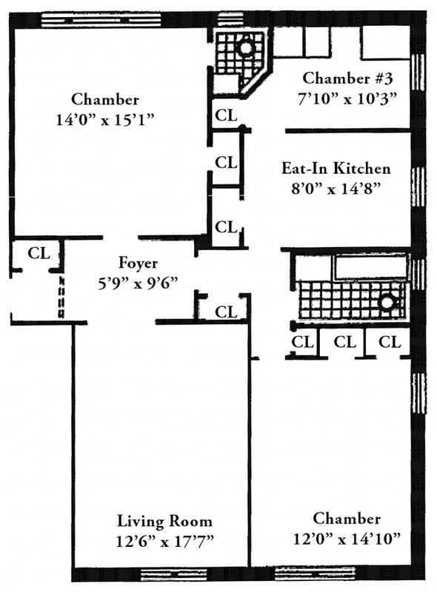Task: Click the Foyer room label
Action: coord(138,263)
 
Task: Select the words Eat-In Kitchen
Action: coord(336,168)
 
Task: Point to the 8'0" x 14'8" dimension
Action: coord(336,187)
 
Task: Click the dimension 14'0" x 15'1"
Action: coord(104,119)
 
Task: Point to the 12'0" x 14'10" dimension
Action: coord(347,538)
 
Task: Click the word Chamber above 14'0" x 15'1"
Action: coord(104,100)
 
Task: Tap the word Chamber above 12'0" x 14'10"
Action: coord(347,519)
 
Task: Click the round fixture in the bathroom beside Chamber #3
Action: coord(245,49)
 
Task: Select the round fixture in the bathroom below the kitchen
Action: coord(386,302)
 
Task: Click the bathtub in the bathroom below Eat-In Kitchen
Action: coord(370,267)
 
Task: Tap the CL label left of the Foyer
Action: coord(39,252)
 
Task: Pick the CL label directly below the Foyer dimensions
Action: coord(226,312)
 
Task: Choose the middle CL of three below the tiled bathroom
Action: coord(344,342)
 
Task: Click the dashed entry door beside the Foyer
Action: coord(61,296)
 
